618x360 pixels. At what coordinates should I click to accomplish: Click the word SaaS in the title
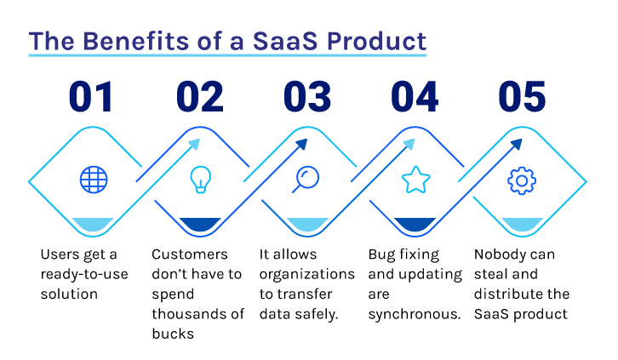tap(285, 41)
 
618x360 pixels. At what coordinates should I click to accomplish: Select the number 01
tap(91, 96)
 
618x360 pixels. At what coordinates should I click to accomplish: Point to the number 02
tap(200, 96)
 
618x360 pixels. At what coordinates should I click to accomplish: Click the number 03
tap(307, 96)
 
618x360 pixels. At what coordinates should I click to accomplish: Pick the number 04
tap(415, 96)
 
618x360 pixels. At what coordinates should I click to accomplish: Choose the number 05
tap(522, 96)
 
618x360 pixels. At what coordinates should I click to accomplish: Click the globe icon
tap(94, 180)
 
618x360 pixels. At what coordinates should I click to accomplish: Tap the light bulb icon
tap(201, 180)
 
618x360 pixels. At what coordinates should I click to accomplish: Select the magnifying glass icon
tap(306, 180)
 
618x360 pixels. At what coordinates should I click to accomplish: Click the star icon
tap(415, 180)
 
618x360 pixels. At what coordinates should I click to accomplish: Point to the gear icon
tap(522, 180)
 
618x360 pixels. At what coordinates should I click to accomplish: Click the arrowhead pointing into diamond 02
tap(195, 144)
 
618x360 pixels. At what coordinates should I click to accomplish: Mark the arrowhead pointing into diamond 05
tap(517, 144)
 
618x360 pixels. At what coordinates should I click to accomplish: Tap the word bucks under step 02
tap(173, 334)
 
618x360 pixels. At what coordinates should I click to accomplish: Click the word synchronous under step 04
tap(415, 314)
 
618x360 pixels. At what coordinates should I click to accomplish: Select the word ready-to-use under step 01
tap(84, 275)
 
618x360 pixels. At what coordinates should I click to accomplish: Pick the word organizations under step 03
tap(307, 275)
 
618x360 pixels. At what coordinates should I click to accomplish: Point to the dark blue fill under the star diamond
tap(415, 224)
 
